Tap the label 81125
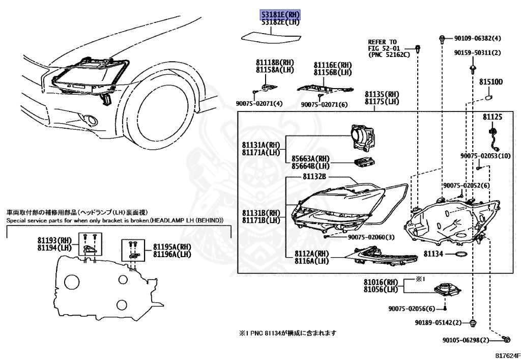(x=493, y=117)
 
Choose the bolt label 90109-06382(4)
(x=478, y=38)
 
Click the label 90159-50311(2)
(x=478, y=52)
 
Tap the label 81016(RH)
(x=380, y=282)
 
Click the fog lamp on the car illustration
(x=93, y=120)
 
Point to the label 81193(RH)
(x=55, y=240)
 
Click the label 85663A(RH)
(x=311, y=158)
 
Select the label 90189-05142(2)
(x=438, y=323)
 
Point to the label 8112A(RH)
(x=311, y=254)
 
